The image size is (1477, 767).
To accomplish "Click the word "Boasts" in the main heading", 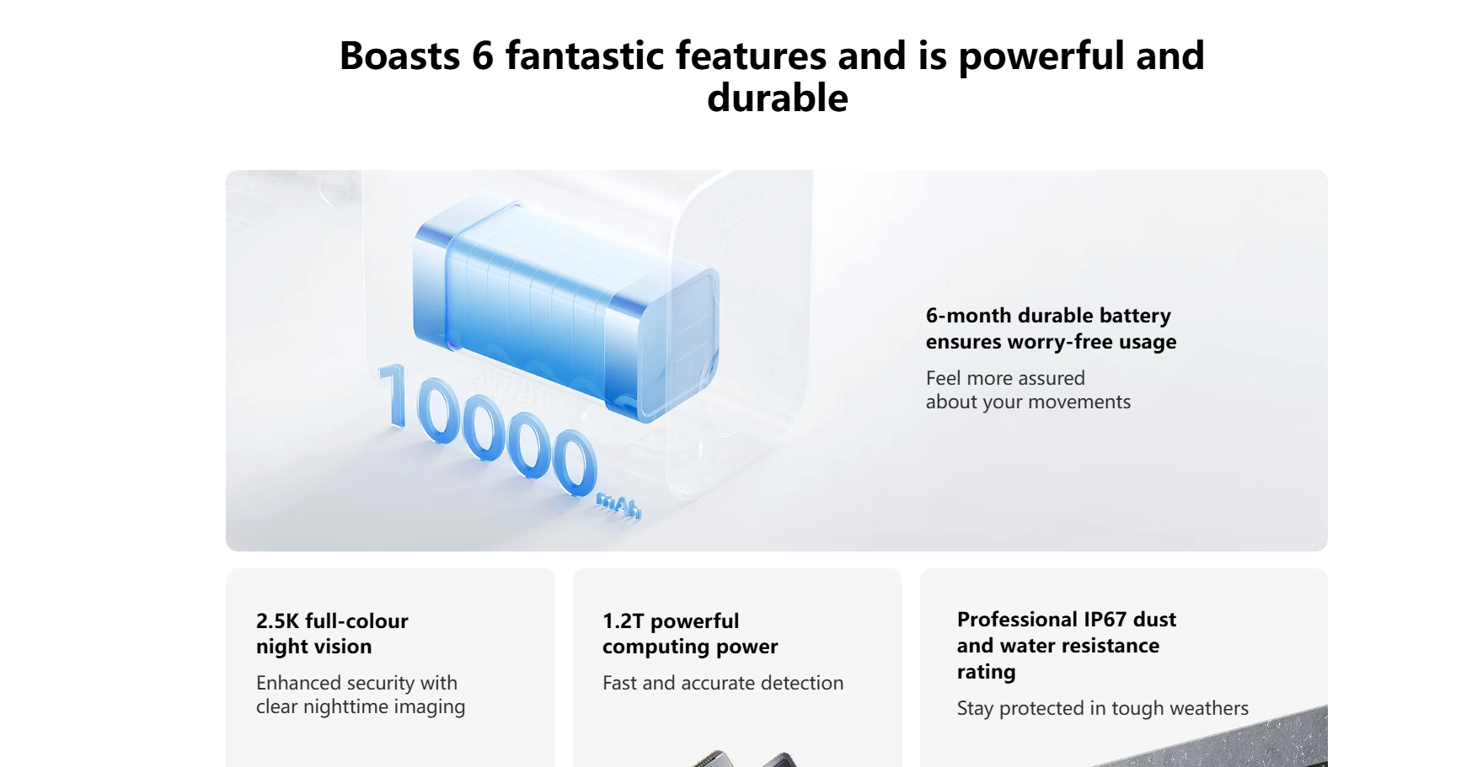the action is [x=400, y=56].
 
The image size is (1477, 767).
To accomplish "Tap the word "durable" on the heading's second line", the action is [x=778, y=98].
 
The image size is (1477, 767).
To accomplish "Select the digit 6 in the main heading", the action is [x=483, y=56].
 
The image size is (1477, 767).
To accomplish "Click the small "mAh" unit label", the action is [x=619, y=506].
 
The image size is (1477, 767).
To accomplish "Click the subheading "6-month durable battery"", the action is [x=1048, y=316].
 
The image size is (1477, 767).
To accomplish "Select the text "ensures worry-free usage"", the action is [x=1051, y=342].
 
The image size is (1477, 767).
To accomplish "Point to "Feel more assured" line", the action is [x=1005, y=378].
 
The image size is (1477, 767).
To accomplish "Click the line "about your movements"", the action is [x=1028, y=402].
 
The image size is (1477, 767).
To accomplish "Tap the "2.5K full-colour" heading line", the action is [x=332, y=621].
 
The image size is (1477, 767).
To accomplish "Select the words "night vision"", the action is [x=313, y=647].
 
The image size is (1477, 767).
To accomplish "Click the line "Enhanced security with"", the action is [x=356, y=683].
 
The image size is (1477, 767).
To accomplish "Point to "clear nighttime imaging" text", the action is [x=361, y=707].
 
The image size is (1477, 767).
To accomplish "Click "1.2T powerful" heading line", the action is [x=671, y=621].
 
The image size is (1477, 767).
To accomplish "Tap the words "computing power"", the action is [x=690, y=647].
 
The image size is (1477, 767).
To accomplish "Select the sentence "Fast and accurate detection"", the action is [x=723, y=683].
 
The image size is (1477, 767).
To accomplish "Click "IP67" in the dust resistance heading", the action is [x=1105, y=620].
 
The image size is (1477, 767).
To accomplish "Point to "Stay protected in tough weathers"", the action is [x=1103, y=709].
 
